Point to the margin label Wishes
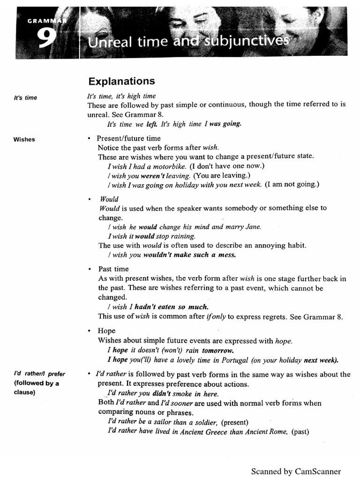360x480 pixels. (24, 139)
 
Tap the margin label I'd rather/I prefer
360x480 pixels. (39, 374)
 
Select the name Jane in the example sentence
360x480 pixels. (253, 226)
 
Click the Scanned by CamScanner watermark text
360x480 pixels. (296, 471)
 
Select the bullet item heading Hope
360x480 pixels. (106, 331)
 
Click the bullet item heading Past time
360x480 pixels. (113, 269)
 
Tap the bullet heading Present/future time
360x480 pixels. (128, 138)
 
